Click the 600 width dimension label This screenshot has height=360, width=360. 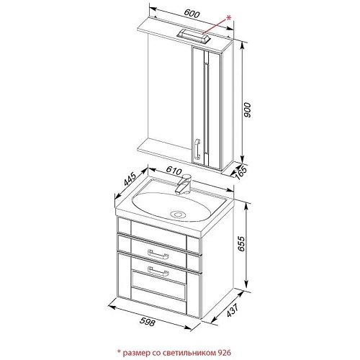coord(192,14)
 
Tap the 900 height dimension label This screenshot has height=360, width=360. coord(247,110)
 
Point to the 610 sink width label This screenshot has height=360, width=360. coord(174,171)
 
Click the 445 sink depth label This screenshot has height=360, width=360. coord(130,179)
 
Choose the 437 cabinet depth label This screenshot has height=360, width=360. coord(233,310)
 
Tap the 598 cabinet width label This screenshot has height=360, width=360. coord(147,322)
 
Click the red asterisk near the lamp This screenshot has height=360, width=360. coord(228,17)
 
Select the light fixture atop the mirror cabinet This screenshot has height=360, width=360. coord(193,36)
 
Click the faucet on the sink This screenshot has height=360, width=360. coord(183,184)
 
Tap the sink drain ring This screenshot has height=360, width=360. coord(178,214)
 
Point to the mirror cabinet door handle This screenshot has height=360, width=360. coord(197,149)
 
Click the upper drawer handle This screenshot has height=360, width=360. coord(158,255)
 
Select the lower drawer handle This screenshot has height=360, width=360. coord(158,271)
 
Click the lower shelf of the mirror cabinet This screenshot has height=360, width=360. coord(165,150)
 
